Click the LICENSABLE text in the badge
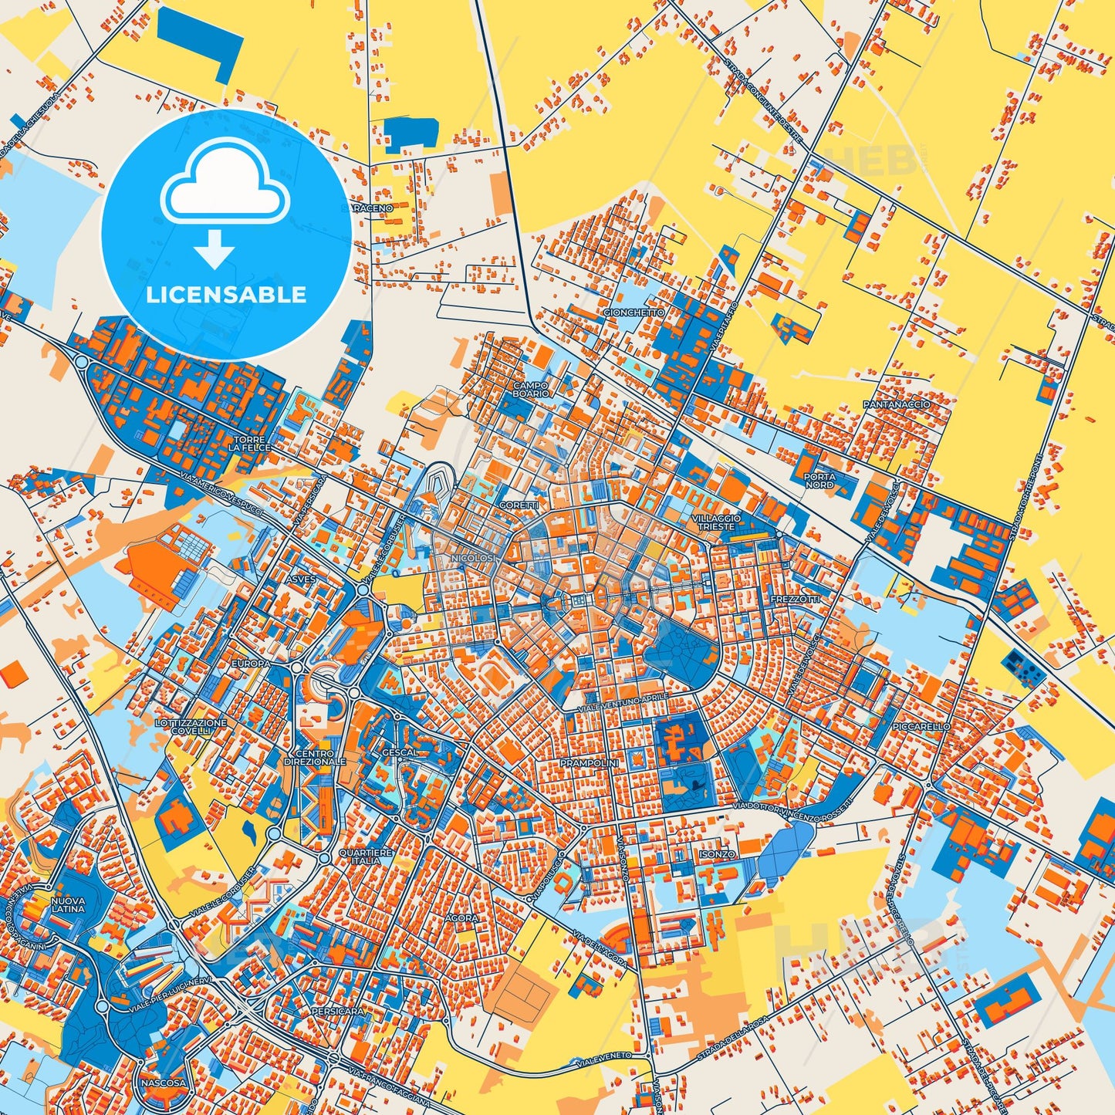pos(226,295)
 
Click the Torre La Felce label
pos(250,444)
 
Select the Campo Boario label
pos(530,389)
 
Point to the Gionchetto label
pos(634,313)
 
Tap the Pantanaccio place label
pos(897,404)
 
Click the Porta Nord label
pos(819,481)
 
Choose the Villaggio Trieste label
pos(717,522)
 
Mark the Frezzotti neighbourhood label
pos(796,599)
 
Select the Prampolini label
pos(590,762)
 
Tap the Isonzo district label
pos(717,855)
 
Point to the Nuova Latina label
pos(68,904)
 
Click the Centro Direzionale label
pos(315,757)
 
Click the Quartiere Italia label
pos(366,857)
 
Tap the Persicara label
pos(337,1010)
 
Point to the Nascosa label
pos(163,1083)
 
